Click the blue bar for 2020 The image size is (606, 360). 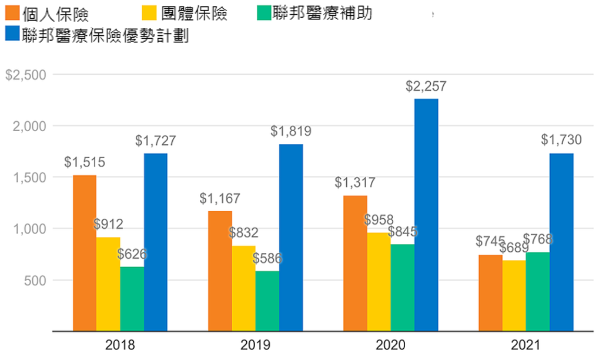426,215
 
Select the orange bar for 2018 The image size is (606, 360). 85,253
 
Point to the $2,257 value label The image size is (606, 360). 426,86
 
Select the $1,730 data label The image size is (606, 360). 561,140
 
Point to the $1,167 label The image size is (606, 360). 220,199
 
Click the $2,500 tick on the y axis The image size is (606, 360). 25,75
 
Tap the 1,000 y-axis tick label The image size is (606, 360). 29,229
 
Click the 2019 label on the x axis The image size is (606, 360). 256,345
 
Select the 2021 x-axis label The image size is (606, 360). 526,345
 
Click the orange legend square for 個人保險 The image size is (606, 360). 11,12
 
